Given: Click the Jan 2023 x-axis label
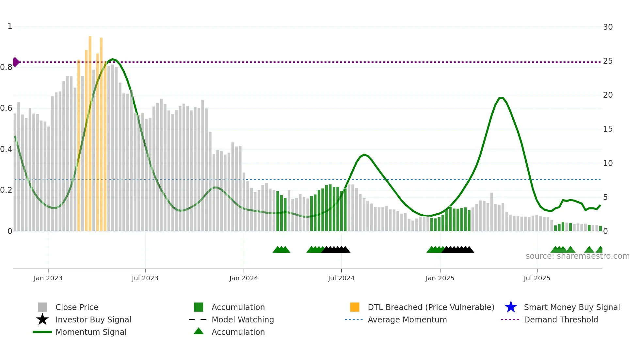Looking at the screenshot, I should (x=48, y=278).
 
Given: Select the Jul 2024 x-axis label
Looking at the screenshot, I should (x=341, y=278).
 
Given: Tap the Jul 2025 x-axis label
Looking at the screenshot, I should (x=537, y=278).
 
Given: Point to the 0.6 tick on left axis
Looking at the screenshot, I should (x=6, y=108).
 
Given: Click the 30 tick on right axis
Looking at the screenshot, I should (x=608, y=27).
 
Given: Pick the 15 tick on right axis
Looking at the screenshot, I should (x=608, y=129).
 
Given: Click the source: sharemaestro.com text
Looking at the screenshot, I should (x=577, y=256).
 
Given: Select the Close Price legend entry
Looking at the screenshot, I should (x=77, y=307).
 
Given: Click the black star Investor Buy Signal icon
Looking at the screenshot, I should (x=42, y=319).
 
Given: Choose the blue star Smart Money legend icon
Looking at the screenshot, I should (x=511, y=307).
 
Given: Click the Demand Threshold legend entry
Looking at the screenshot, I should (x=561, y=319).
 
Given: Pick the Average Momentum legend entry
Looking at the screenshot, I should (x=407, y=319).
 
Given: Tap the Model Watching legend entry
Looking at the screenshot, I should (x=243, y=319).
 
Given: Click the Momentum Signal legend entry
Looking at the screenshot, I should (x=91, y=332).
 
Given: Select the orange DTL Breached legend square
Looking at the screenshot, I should (x=355, y=307).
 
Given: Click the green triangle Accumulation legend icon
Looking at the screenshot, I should (x=199, y=331).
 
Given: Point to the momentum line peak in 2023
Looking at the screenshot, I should (x=113, y=59).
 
